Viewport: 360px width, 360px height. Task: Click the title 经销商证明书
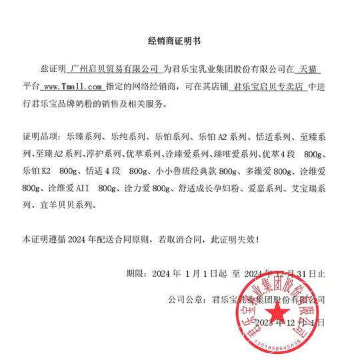click(179, 41)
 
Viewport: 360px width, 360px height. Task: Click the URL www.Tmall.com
click(73, 87)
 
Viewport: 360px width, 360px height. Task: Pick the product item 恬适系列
click(273, 137)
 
